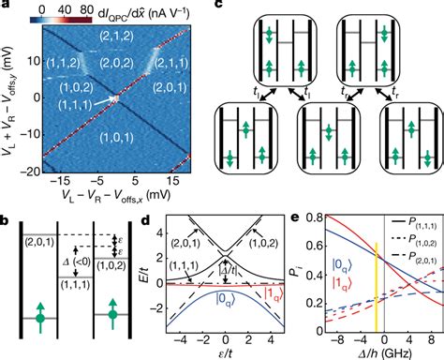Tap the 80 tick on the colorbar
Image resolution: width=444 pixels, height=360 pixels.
click(x=121, y=7)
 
